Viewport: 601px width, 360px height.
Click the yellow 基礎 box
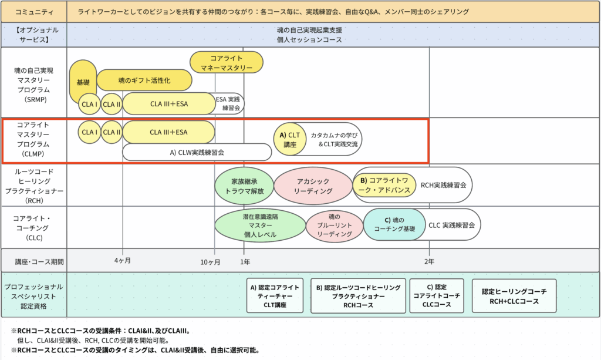(83, 82)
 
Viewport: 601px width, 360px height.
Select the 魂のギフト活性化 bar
(144, 80)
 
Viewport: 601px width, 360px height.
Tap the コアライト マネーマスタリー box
(227, 62)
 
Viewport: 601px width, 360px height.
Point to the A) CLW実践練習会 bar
(197, 152)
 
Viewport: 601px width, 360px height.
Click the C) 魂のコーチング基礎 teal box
(394, 225)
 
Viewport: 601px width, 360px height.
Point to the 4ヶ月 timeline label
(122, 260)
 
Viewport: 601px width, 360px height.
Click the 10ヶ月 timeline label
(210, 261)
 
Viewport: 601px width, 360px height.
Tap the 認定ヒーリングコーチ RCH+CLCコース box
(514, 297)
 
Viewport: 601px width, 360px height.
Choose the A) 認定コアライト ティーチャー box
(275, 296)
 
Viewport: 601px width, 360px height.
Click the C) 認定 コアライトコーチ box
(437, 296)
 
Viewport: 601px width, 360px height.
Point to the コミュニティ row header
(34, 11)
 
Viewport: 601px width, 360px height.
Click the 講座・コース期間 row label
(34, 261)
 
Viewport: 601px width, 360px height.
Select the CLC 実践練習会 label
(451, 225)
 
